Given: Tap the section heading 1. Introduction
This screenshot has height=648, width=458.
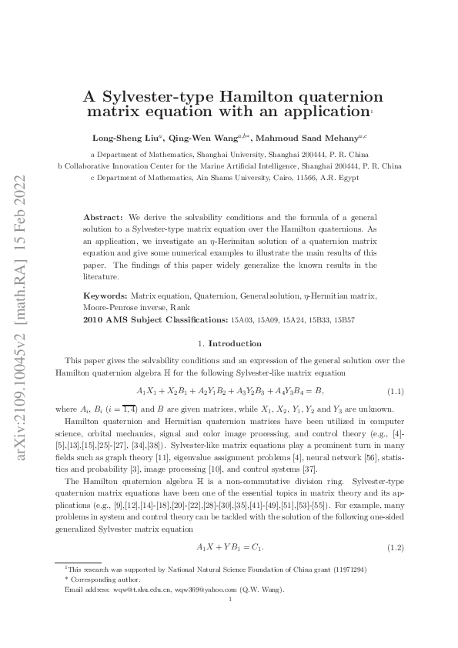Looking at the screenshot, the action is click(229, 343).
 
